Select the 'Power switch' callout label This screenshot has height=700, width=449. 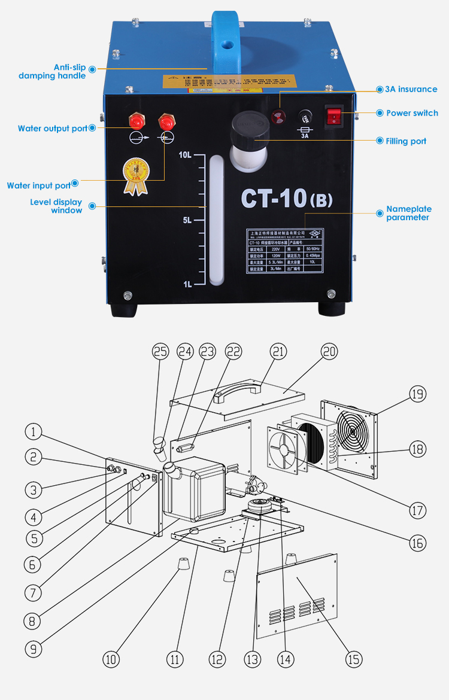412,113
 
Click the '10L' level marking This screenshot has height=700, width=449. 185,155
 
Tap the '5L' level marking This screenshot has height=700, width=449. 187,220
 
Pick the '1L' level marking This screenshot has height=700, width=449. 187,284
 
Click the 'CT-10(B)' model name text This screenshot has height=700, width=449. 287,199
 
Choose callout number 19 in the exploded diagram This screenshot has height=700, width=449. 417,394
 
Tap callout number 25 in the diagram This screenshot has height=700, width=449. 160,352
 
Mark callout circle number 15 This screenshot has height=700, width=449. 354,659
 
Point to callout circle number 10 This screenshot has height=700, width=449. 111,659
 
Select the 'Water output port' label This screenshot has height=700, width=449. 53,129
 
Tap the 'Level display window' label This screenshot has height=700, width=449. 56,206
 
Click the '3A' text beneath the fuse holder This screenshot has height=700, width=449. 305,136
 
